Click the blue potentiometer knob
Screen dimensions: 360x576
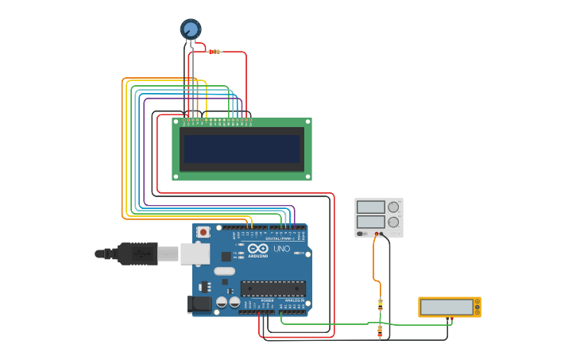pyautogui.click(x=191, y=29)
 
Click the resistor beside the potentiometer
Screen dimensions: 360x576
pyautogui.click(x=213, y=52)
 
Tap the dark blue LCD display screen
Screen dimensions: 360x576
pyautogui.click(x=242, y=149)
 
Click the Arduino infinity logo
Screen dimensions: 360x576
pyautogui.click(x=257, y=249)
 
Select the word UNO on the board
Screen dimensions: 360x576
pyautogui.click(x=282, y=249)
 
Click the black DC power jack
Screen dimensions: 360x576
pyautogui.click(x=199, y=304)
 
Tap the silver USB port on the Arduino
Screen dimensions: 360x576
pyautogui.click(x=195, y=254)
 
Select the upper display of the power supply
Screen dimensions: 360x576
pyautogui.click(x=370, y=207)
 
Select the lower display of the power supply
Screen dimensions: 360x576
pyautogui.click(x=370, y=222)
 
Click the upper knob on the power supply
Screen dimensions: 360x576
pyautogui.click(x=393, y=207)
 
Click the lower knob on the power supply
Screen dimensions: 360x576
pyautogui.click(x=393, y=222)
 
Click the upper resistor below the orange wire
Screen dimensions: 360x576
pyautogui.click(x=380, y=304)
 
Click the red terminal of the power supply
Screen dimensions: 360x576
pyautogui.click(x=377, y=234)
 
